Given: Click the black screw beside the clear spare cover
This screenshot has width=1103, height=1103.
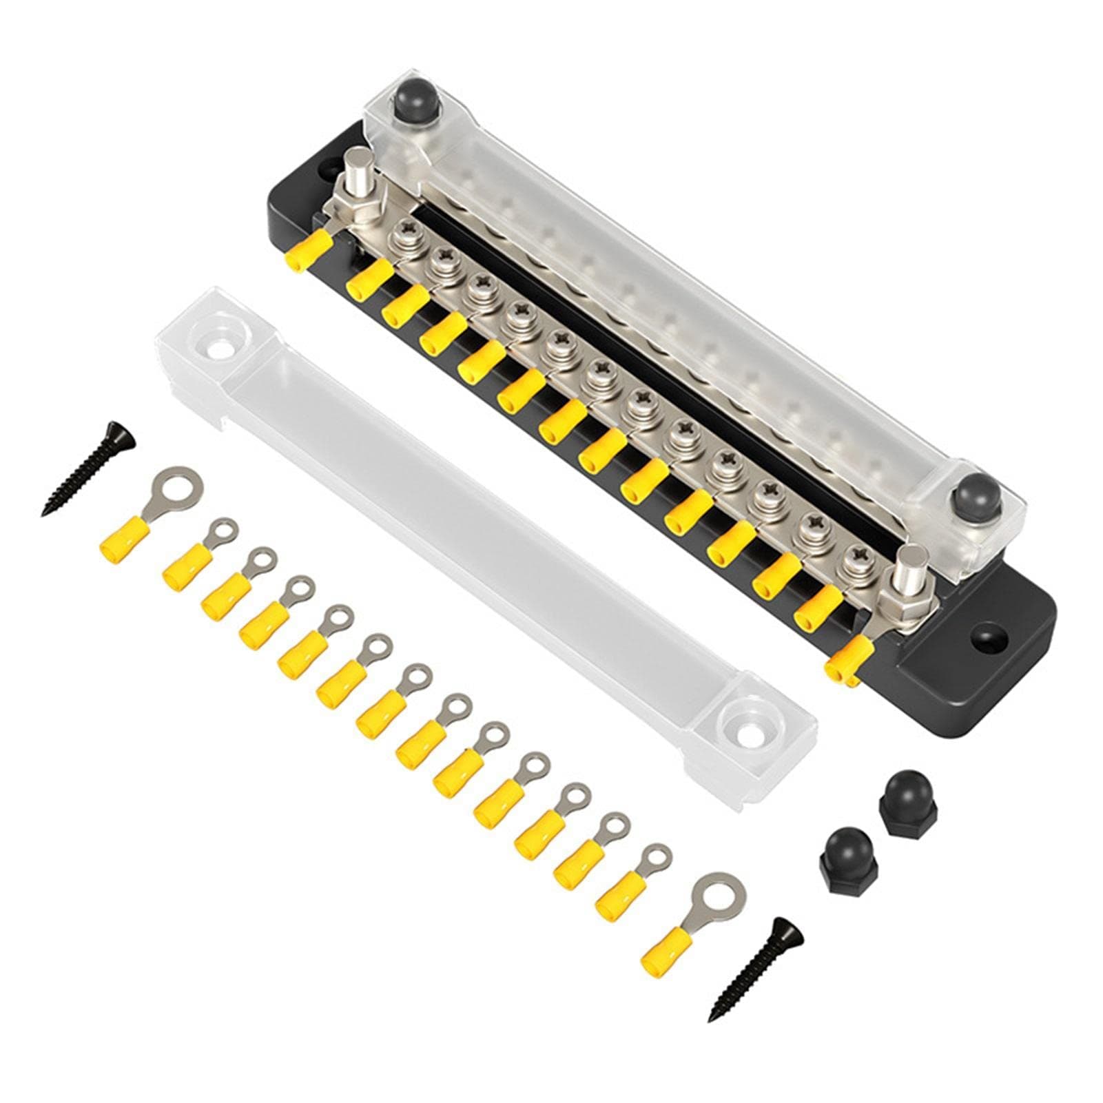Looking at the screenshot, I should point(88,469).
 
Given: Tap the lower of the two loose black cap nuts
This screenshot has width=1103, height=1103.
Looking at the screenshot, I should point(844,852).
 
